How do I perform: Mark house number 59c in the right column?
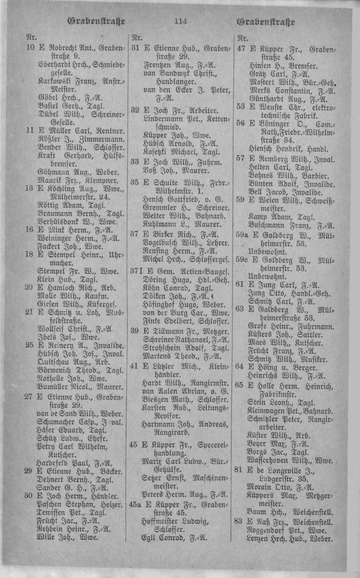click(x=241, y=260)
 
